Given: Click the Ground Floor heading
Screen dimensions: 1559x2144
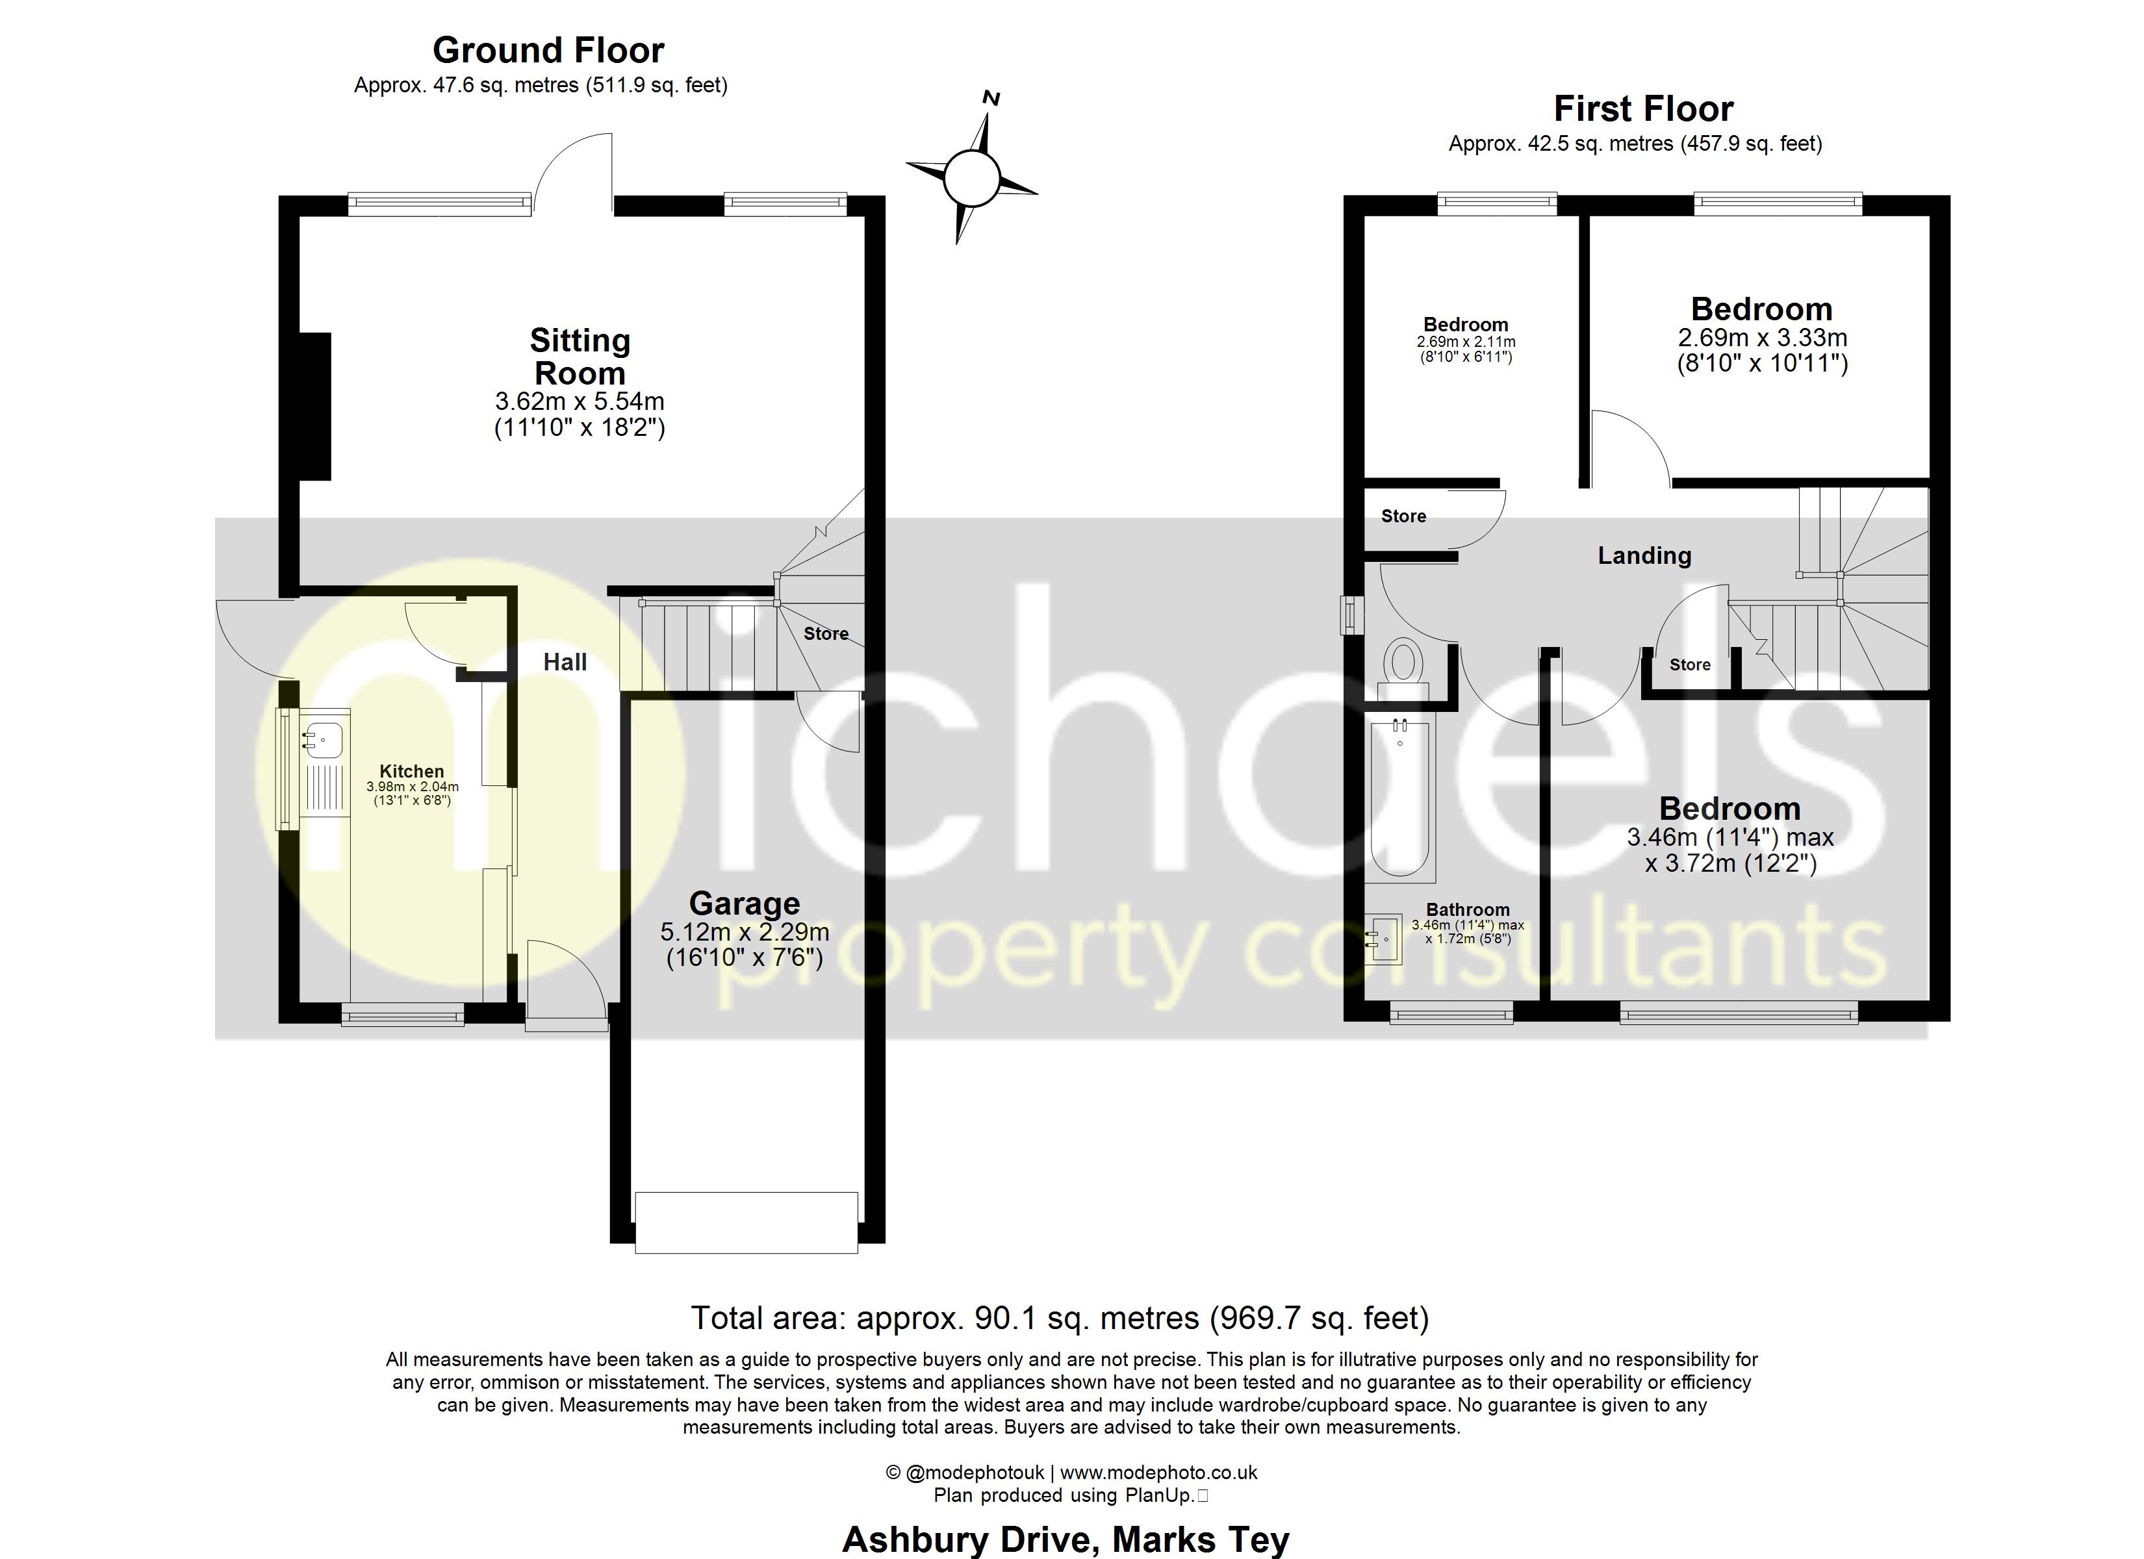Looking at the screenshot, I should [548, 50].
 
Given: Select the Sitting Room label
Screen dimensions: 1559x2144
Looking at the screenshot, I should [580, 357].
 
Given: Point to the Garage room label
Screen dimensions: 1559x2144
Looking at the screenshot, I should [744, 904].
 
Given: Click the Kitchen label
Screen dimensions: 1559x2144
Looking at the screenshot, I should [411, 772].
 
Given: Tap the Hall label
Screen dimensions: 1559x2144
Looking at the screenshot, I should [565, 662].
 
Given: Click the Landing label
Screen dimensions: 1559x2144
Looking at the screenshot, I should [1644, 556].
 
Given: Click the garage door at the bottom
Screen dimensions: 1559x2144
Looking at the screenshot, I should [746, 1223].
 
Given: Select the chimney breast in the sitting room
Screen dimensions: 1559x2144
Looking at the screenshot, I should [315, 407].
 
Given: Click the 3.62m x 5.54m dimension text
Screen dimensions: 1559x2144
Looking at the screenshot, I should [580, 401].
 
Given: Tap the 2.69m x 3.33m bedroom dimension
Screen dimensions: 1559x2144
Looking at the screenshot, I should [1761, 338].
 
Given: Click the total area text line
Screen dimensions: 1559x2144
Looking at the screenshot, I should [1059, 1318].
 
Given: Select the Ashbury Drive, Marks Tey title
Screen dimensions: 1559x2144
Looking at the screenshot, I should [1066, 1539].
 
